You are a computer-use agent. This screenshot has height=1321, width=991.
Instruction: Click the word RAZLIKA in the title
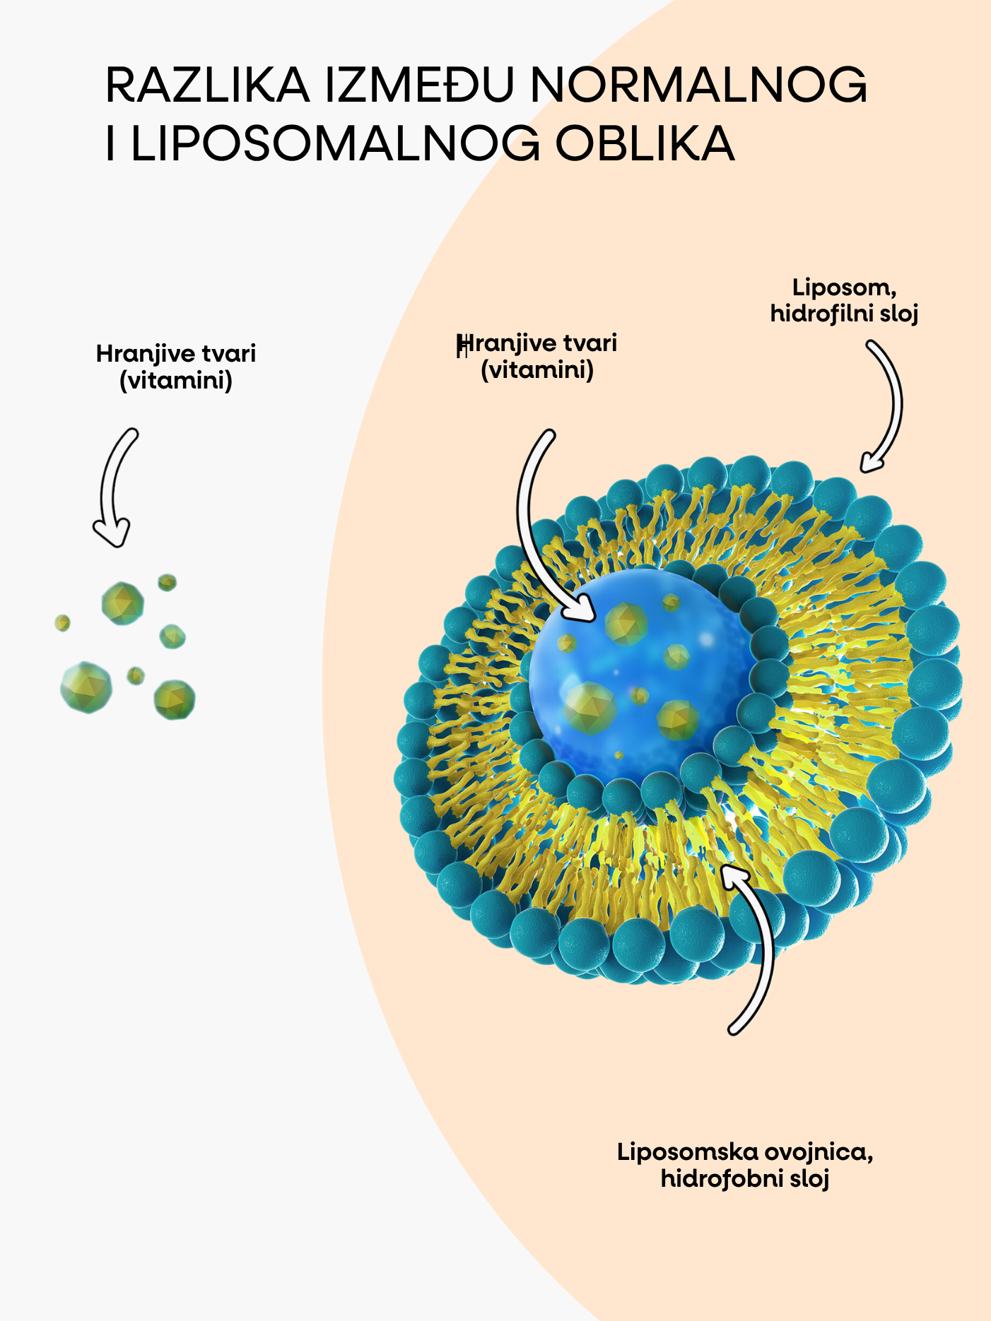coord(207,85)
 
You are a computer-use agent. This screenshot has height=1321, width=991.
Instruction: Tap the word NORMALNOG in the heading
coord(698,85)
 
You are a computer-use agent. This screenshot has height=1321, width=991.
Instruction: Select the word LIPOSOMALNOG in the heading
coord(335,144)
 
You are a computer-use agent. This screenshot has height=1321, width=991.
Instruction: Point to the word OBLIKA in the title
coord(645,144)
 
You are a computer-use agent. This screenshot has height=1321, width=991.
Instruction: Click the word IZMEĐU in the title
coord(419,85)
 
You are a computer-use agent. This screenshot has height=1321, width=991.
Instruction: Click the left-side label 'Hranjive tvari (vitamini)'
coord(176,367)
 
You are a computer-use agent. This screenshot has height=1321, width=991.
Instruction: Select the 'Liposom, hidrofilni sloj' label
coord(844,300)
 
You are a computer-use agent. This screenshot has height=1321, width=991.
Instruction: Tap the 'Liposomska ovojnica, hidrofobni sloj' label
coord(745,1165)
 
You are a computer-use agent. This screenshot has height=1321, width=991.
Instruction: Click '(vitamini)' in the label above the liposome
coord(537,369)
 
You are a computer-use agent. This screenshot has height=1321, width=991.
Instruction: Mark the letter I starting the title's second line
coord(110,144)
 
